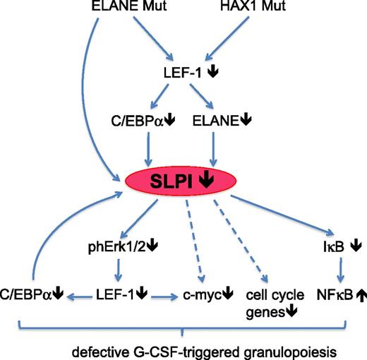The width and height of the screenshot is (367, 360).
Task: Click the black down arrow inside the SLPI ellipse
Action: click(x=207, y=182)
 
